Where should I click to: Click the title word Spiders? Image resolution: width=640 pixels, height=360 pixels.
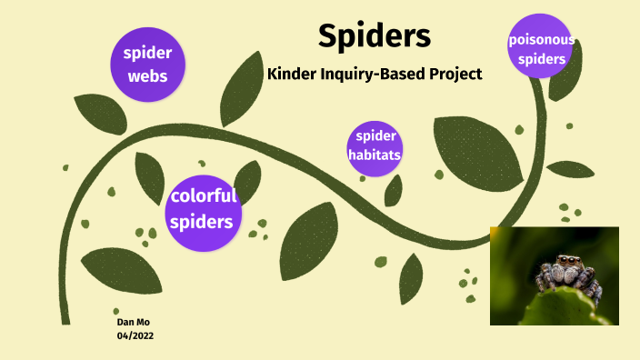point(375,36)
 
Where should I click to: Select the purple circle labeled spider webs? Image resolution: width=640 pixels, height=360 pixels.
point(147,63)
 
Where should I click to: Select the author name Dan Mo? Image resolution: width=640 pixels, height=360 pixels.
point(133,323)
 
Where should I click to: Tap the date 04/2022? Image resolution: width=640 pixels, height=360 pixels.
point(136,336)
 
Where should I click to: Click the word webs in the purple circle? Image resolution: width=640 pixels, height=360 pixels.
point(147,75)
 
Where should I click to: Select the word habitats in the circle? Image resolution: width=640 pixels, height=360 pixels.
point(375,155)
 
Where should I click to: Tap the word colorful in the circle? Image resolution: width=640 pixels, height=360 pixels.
point(204,195)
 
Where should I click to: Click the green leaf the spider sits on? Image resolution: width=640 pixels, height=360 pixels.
point(555,309)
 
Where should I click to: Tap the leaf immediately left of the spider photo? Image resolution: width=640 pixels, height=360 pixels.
point(411,277)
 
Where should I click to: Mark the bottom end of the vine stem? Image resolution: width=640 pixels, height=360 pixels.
point(65,320)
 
